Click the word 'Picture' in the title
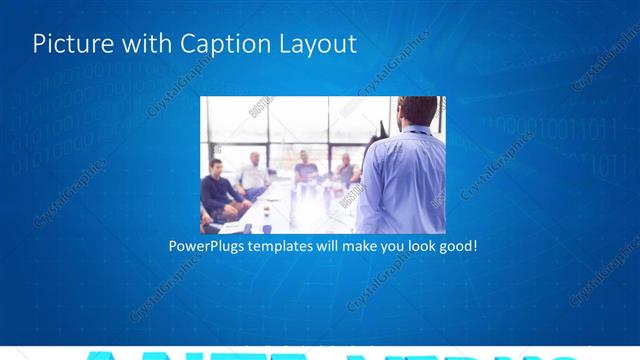coord(69,44)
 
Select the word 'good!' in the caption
coord(457,245)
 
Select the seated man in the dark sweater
coord(217,190)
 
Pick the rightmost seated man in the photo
coord(347,170)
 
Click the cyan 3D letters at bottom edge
coord(320,354)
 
